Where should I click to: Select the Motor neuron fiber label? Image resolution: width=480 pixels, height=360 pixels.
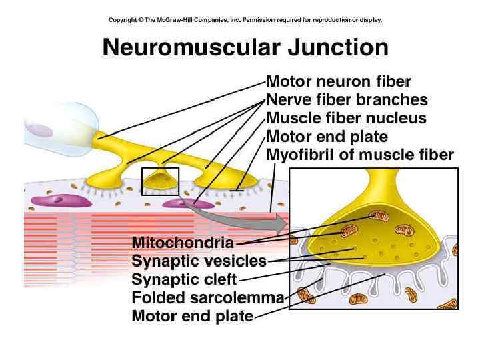click(339, 82)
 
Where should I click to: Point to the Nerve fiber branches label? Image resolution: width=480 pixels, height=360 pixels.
click(347, 100)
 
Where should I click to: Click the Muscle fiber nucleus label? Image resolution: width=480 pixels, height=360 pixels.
click(346, 119)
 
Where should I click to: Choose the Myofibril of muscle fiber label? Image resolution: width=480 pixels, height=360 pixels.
click(360, 155)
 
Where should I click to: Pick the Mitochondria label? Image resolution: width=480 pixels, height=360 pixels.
click(183, 242)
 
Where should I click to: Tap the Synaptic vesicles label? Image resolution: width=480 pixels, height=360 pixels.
click(199, 261)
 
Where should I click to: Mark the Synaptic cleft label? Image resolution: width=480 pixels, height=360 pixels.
click(184, 279)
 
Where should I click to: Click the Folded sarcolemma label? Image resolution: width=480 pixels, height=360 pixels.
click(208, 297)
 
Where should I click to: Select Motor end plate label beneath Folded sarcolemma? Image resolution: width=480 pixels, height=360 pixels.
click(193, 316)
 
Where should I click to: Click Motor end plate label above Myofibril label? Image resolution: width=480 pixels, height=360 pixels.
click(327, 137)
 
